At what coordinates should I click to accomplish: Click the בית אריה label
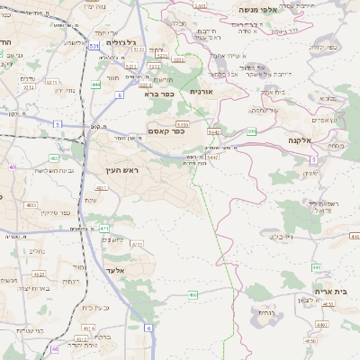coord(330,291)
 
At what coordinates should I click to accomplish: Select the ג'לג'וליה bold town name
coord(120,42)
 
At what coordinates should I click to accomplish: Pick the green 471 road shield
coord(104,229)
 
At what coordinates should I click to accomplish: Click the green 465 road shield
coord(193,294)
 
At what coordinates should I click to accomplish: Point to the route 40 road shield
coord(13,166)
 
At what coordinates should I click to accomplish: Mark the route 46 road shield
coord(55,348)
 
